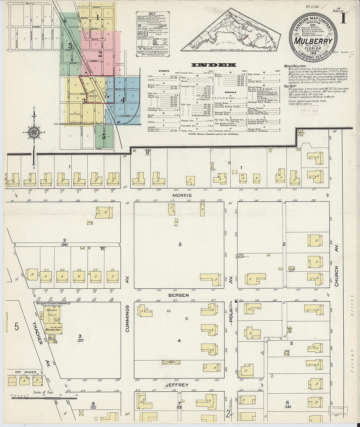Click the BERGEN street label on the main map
point(179,295)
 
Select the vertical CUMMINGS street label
point(127,318)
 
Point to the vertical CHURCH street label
point(336,276)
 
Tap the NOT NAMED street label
point(26,372)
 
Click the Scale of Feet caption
point(43,392)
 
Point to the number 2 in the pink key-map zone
point(100,54)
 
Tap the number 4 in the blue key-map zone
point(123,100)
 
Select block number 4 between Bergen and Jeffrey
point(179,341)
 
